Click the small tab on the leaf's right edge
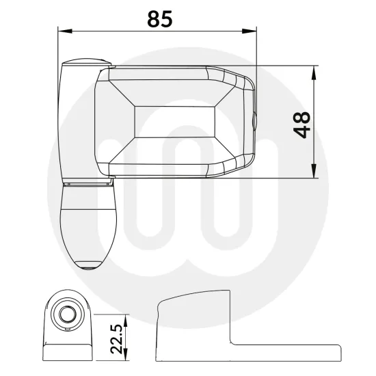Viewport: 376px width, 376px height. pos(254,122)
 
